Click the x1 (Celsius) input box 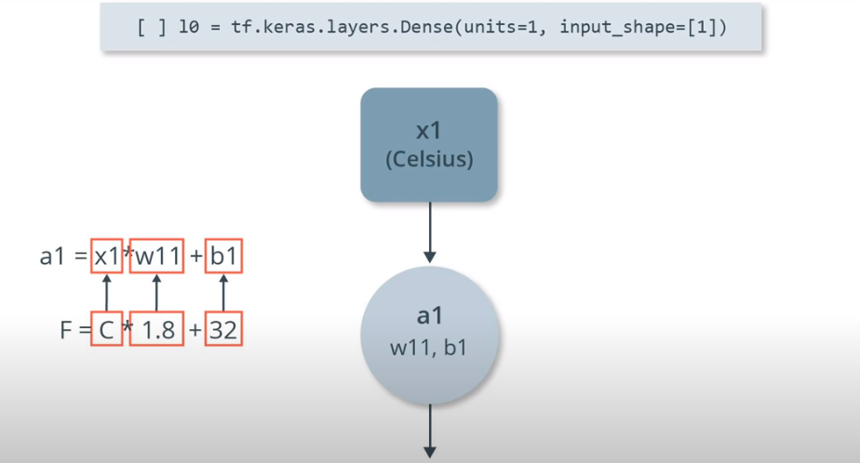pyautogui.click(x=429, y=145)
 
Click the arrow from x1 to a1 pyautogui.click(x=429, y=232)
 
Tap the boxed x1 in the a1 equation pyautogui.click(x=106, y=256)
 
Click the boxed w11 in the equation pyautogui.click(x=156, y=256)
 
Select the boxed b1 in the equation pyautogui.click(x=223, y=256)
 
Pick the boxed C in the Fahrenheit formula pyautogui.click(x=106, y=329)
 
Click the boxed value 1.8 pyautogui.click(x=156, y=329)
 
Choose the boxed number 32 pyautogui.click(x=223, y=329)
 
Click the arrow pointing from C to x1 pyautogui.click(x=106, y=292)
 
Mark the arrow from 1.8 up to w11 pyautogui.click(x=156, y=292)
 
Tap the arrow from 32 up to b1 pyautogui.click(x=223, y=292)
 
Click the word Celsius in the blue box pyautogui.click(x=429, y=159)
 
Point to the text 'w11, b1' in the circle pyautogui.click(x=429, y=350)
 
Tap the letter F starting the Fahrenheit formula pyautogui.click(x=66, y=330)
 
